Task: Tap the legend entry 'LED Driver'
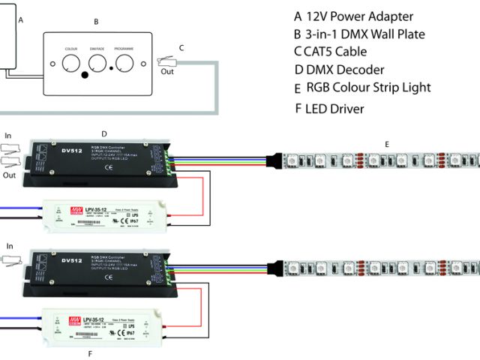(330, 109)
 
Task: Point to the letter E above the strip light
(386, 144)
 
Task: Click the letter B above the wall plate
(96, 22)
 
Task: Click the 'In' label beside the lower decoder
(10, 246)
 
